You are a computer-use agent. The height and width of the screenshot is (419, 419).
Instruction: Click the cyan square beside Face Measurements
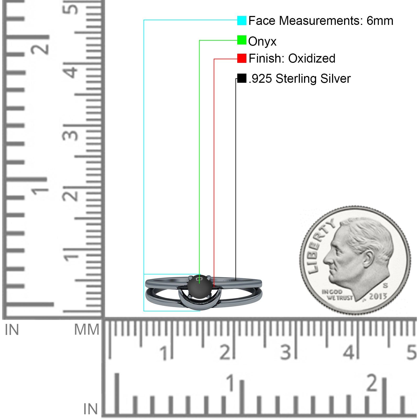tap(242, 20)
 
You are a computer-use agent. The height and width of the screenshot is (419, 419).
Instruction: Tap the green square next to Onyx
tap(242, 40)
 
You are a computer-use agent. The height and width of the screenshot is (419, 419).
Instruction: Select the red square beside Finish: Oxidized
tap(242, 58)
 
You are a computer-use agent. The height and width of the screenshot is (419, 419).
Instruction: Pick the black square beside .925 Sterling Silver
tap(242, 78)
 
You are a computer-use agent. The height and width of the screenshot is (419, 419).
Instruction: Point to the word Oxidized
tap(312, 58)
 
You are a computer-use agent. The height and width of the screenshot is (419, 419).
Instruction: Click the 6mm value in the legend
tap(380, 21)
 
